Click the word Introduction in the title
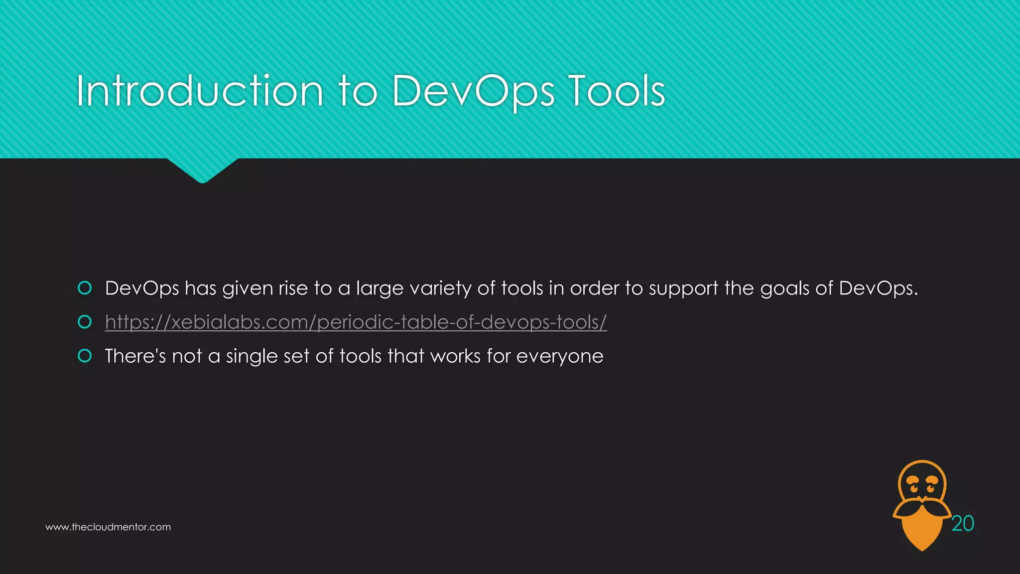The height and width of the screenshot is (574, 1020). [x=199, y=91]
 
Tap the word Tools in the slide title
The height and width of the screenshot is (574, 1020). [x=616, y=91]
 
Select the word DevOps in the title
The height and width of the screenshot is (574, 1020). [x=473, y=91]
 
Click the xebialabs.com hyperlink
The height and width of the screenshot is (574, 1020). [x=356, y=322]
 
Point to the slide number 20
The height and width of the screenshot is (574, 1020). [x=962, y=524]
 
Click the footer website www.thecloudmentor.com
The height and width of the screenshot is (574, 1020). [x=108, y=527]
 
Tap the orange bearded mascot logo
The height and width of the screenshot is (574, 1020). [x=921, y=503]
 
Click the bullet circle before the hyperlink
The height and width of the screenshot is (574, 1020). [x=85, y=322]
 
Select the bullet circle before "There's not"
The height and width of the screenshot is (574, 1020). [x=85, y=356]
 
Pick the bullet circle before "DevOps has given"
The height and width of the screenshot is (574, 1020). [x=85, y=288]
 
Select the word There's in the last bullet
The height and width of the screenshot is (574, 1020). [x=135, y=356]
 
